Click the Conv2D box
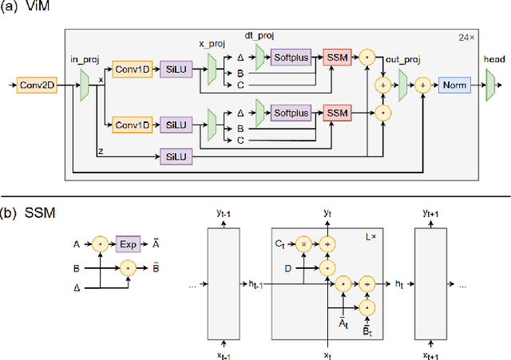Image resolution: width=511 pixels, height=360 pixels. click(x=37, y=85)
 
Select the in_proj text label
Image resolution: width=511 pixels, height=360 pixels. click(x=83, y=59)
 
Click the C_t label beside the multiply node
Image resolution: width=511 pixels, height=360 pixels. click(x=279, y=242)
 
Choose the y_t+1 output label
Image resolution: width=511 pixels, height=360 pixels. click(x=432, y=214)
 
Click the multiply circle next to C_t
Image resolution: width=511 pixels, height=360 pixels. click(x=303, y=242)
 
